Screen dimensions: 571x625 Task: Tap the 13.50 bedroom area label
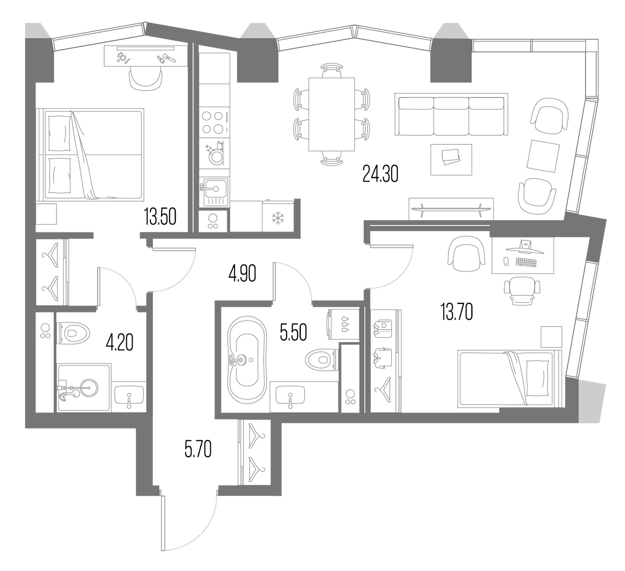pos(160,217)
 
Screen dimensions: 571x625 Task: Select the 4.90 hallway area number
pos(242,274)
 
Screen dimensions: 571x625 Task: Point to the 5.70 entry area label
pos(198,450)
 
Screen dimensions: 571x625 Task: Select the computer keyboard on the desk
pos(526,262)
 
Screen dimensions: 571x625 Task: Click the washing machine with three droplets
pos(343,325)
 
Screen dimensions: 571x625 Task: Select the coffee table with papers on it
pos(451,159)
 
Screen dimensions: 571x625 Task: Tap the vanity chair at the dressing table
pos(146,80)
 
